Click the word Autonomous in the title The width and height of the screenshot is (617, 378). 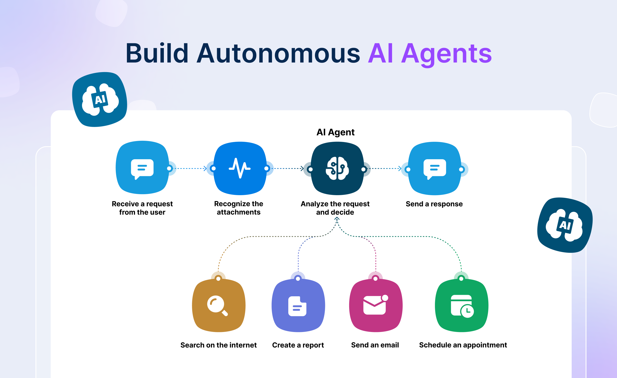(278, 53)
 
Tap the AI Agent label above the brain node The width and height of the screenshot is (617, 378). (335, 132)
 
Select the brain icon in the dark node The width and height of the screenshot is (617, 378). (337, 168)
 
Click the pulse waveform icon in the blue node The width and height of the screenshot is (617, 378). (240, 168)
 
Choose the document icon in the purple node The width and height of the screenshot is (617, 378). (297, 306)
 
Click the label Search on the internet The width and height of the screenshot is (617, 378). (218, 345)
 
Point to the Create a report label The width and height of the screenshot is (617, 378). (298, 345)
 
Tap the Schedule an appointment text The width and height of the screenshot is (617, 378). (463, 345)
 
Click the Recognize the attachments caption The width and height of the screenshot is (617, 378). (238, 208)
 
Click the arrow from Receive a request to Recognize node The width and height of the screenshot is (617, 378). (190, 168)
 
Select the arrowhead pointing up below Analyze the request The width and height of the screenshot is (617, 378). (337, 219)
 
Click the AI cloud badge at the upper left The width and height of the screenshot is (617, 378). (100, 100)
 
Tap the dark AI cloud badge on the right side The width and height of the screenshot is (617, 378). (565, 225)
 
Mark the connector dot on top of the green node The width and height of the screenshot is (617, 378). (461, 278)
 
